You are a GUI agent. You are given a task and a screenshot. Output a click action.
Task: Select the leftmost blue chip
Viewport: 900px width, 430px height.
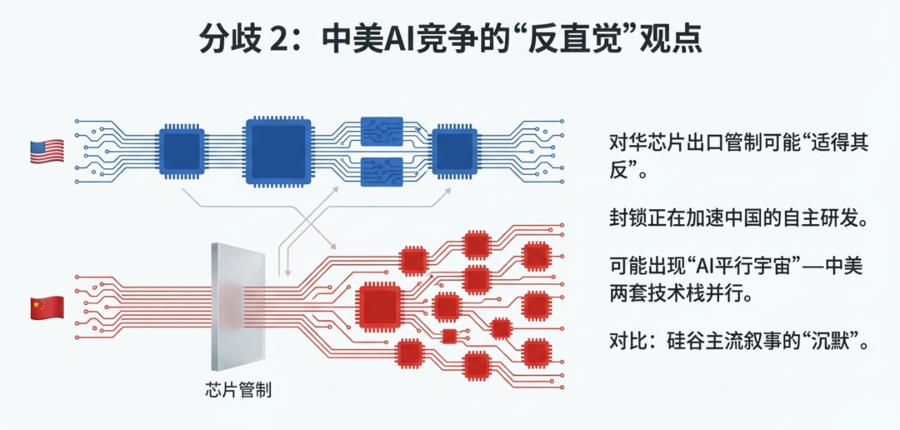[182, 152]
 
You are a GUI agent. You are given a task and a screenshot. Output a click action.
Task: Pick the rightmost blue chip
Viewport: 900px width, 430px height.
[454, 152]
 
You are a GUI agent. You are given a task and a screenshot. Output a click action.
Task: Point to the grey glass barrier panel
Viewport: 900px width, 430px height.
[238, 307]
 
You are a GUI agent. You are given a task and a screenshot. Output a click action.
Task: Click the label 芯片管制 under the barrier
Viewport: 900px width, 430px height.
[237, 389]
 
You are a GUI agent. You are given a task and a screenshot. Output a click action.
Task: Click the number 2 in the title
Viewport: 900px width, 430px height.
[276, 40]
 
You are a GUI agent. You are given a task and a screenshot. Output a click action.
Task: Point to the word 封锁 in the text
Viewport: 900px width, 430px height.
[626, 219]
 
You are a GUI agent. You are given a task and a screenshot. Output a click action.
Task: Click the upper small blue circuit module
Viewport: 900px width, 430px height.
[382, 131]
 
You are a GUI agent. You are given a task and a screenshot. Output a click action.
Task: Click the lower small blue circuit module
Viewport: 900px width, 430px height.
[382, 172]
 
